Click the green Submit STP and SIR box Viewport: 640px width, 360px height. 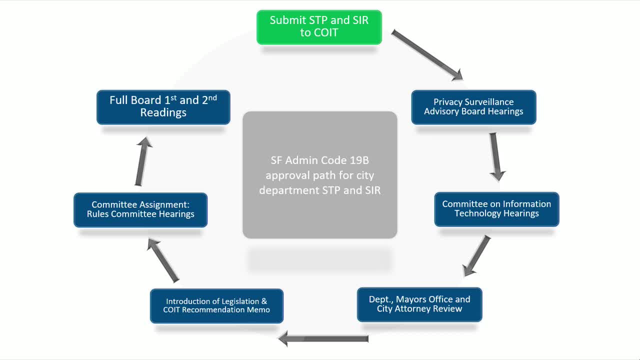pos(319,27)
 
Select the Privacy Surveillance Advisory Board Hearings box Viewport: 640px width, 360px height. pos(473,107)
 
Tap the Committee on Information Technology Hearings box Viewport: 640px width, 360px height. pos(496,209)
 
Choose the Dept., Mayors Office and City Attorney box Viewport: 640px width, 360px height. pos(419,304)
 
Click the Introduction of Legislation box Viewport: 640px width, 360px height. pos(216,305)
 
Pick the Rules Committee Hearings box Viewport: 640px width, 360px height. pos(140,209)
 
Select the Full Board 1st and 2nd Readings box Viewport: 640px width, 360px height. pos(163,106)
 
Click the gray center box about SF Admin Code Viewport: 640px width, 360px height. pos(319,174)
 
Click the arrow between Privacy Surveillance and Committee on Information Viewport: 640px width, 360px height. pos(495,156)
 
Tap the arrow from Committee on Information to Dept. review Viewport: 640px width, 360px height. pos(476,255)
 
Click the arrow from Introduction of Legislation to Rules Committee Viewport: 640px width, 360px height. pos(163,260)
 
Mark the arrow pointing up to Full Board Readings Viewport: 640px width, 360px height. pos(143,162)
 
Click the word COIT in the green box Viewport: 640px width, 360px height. pos(326,33)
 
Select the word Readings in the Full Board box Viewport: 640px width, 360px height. pos(163,113)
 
